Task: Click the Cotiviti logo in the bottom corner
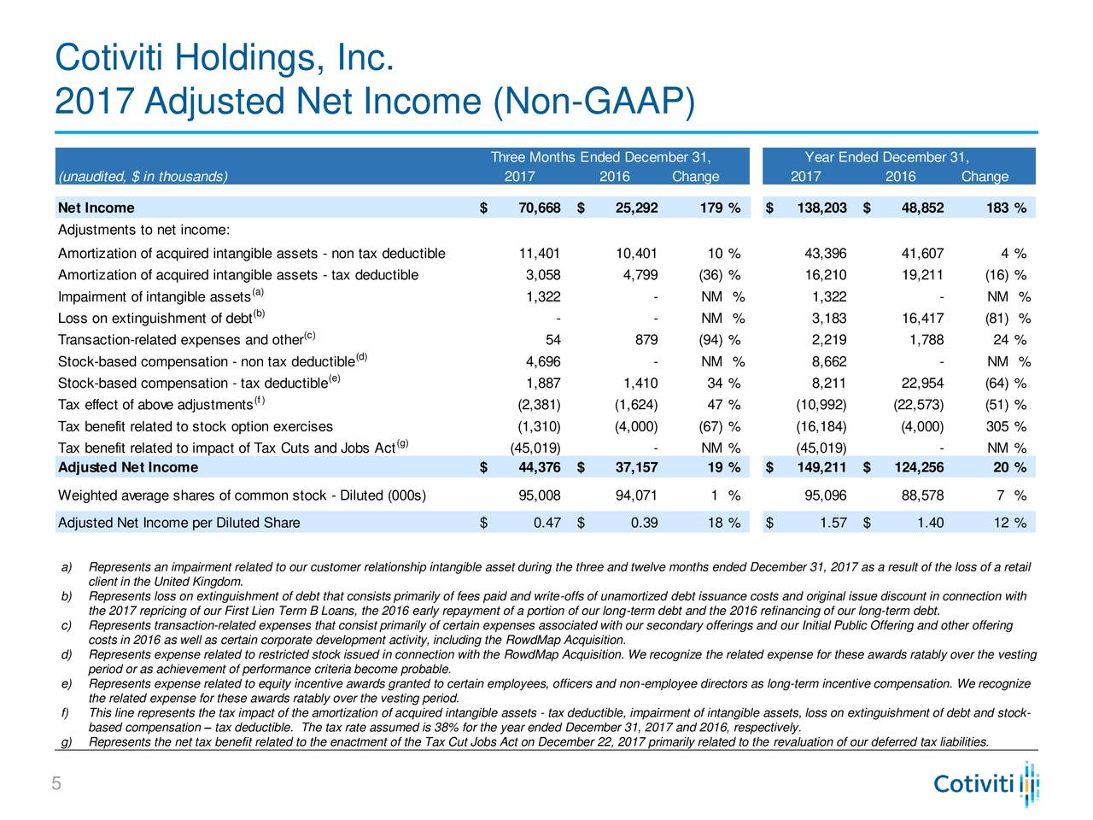coord(985,783)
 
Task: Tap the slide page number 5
coord(56,783)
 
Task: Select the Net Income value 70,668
coord(540,208)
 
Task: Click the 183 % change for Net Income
coord(1006,208)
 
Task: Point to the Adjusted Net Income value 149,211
coord(821,467)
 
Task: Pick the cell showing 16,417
coord(922,318)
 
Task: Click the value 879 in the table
coord(646,340)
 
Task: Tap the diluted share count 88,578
coord(922,495)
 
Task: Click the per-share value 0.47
coord(546,522)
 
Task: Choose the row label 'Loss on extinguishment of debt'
coord(155,319)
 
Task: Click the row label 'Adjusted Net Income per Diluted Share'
coord(178,522)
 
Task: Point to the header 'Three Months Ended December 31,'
coord(600,157)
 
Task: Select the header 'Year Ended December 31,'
coord(887,157)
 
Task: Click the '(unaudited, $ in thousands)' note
coord(143,177)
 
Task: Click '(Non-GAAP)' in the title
coord(594,102)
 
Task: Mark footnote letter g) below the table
coord(67,742)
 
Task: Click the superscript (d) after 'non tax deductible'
coord(361,356)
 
